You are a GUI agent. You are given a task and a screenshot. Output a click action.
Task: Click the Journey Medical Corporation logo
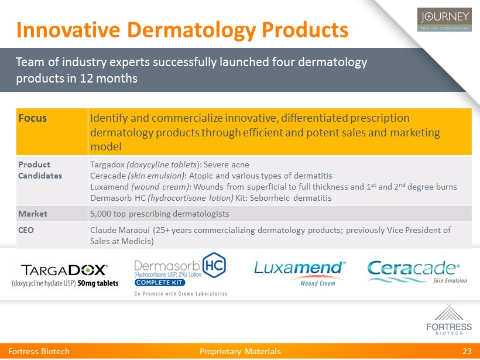point(444,19)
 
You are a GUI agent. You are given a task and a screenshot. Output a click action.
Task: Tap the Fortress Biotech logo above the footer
point(449,320)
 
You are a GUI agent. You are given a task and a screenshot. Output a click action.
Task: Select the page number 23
point(467,351)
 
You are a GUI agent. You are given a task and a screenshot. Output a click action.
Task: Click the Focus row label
point(32,118)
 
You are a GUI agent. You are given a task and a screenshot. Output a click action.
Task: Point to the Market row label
point(33,214)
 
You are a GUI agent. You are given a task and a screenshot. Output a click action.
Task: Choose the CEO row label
point(26,230)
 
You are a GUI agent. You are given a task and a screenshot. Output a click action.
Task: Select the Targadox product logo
point(65,275)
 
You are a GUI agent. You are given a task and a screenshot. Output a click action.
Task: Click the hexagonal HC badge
point(214,265)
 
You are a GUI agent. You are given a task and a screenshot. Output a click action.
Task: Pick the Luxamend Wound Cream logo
point(300,273)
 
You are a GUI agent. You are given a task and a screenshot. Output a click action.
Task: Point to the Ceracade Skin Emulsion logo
point(417,272)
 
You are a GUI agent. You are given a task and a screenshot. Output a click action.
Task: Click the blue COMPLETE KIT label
point(159,283)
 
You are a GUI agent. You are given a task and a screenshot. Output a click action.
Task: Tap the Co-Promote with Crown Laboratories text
point(181,294)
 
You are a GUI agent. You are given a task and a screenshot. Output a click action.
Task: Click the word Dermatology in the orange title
point(191,30)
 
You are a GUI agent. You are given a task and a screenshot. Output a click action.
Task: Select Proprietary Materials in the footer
point(240,351)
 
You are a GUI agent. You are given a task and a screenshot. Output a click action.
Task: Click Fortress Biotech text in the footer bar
point(39,351)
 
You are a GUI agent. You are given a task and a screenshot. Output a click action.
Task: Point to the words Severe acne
point(226,164)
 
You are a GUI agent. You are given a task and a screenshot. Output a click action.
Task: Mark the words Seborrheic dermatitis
point(290,198)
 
